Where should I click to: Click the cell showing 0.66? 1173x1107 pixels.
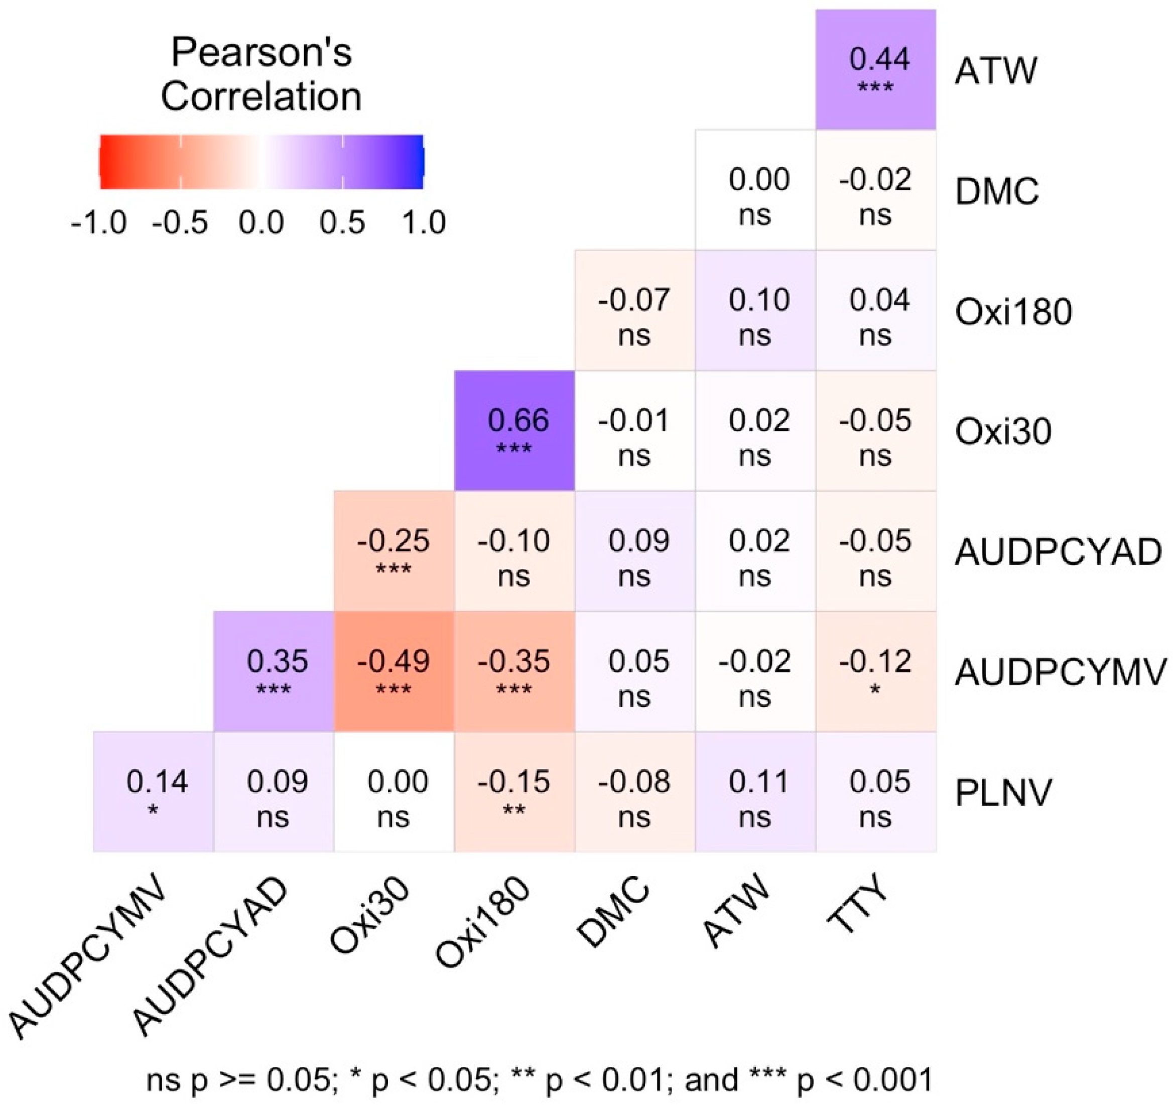[x=514, y=431]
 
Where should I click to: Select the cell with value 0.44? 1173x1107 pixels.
[x=876, y=70]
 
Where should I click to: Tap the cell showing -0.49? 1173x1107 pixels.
[x=394, y=672]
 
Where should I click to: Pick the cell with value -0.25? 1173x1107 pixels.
[x=394, y=551]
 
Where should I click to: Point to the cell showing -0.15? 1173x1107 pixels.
[x=514, y=792]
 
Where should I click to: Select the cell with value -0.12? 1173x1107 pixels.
[x=876, y=672]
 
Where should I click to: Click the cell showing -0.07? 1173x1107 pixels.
[x=634, y=310]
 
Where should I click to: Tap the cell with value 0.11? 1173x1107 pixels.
[x=755, y=792]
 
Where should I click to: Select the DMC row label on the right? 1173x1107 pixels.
[x=997, y=191]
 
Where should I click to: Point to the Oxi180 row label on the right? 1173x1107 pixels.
[x=1013, y=312]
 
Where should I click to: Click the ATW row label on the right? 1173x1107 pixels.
[x=995, y=71]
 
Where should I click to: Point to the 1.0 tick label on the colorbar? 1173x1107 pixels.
[x=424, y=223]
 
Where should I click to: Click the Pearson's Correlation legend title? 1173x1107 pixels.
[x=262, y=74]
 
